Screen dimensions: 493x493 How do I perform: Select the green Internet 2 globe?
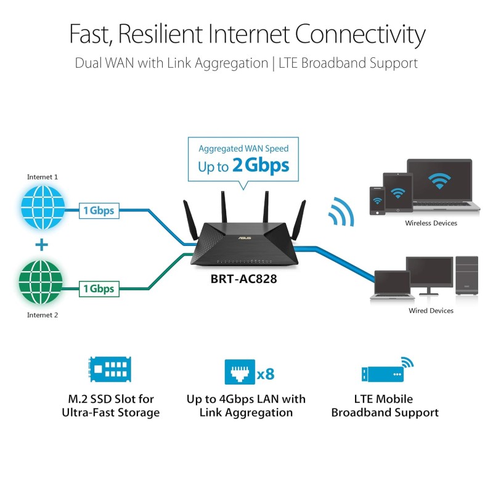(x=42, y=283)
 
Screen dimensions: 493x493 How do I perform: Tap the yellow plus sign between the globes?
(x=41, y=245)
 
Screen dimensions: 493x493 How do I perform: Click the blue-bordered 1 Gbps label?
(x=99, y=210)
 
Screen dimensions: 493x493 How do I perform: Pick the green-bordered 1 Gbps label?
(x=99, y=288)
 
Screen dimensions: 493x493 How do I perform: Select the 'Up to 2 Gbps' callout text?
(x=243, y=166)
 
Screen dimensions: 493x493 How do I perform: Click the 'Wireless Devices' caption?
(x=431, y=223)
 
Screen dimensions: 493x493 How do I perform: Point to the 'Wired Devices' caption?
(x=431, y=311)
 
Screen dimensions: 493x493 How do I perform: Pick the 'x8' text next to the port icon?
(x=266, y=374)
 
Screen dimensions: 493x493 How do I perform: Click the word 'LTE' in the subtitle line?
(x=292, y=63)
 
